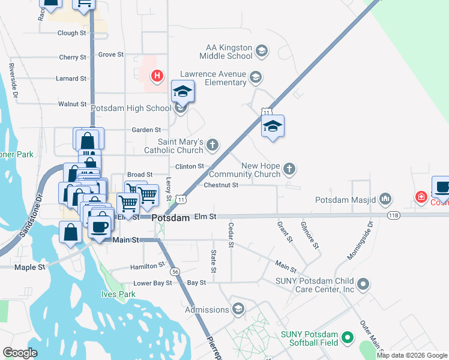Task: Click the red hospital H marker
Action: pyautogui.click(x=157, y=76)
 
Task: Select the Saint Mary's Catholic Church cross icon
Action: pyautogui.click(x=212, y=145)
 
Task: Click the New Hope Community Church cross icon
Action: pyautogui.click(x=289, y=169)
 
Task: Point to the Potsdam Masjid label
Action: pyautogui.click(x=346, y=199)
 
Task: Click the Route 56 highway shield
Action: pyautogui.click(x=175, y=272)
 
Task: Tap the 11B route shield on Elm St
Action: pyautogui.click(x=394, y=214)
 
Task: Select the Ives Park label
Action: pyautogui.click(x=118, y=295)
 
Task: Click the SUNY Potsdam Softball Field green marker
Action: pyautogui.click(x=346, y=339)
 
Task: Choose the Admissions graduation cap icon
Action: pyautogui.click(x=238, y=309)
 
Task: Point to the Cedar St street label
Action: pyautogui.click(x=231, y=235)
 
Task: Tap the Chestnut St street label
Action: pyautogui.click(x=222, y=185)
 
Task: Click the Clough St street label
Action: pyautogui.click(x=71, y=33)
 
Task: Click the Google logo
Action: pyautogui.click(x=20, y=352)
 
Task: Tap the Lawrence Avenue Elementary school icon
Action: pyautogui.click(x=256, y=77)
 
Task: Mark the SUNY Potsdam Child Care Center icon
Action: pyautogui.click(x=362, y=284)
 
